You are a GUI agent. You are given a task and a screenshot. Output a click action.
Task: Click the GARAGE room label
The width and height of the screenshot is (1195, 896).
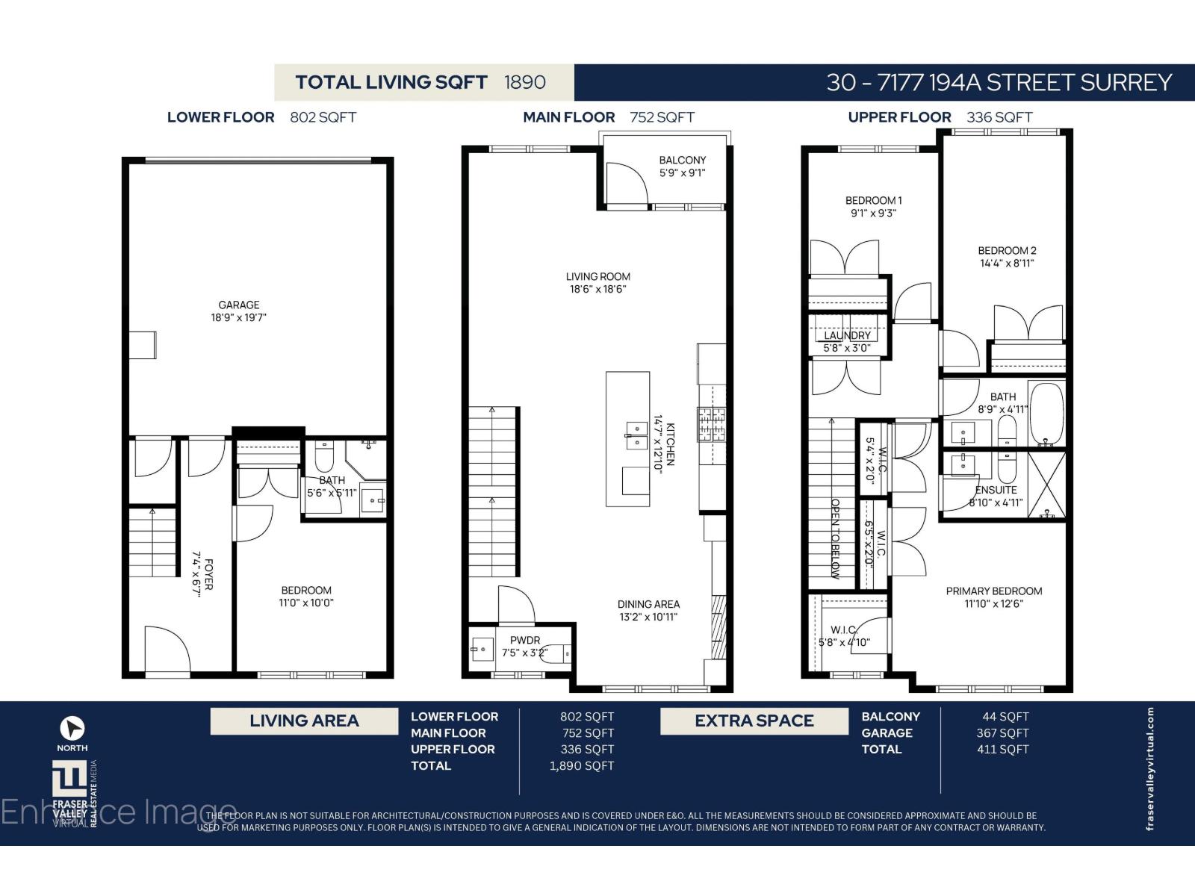[x=239, y=305]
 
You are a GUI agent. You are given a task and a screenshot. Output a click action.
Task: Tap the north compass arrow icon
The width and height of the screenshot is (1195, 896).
[x=72, y=728]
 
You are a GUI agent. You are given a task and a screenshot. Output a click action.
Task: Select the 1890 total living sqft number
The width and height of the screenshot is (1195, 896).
[x=524, y=82]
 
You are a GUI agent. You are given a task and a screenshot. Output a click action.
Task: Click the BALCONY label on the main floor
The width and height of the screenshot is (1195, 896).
[x=682, y=161]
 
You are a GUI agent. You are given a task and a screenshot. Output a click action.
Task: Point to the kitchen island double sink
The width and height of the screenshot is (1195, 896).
[x=636, y=435]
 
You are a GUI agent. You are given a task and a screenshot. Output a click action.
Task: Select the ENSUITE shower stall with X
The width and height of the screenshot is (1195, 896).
[x=1046, y=485]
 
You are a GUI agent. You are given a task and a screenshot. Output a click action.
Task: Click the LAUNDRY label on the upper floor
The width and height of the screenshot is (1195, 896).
[x=847, y=336]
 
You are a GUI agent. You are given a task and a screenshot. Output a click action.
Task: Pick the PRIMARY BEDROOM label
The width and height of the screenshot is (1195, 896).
[x=993, y=591]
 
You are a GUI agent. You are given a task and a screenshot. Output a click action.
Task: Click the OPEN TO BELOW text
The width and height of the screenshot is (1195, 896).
[x=836, y=538]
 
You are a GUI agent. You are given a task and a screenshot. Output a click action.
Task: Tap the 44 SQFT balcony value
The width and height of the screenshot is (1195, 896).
[x=1005, y=717]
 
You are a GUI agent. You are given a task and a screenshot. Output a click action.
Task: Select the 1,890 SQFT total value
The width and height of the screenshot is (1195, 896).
[x=581, y=766]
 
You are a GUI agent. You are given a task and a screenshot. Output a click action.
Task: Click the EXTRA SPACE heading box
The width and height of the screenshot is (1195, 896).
[x=754, y=721]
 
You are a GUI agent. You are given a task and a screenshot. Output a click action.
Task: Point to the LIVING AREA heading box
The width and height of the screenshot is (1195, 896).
[x=304, y=721]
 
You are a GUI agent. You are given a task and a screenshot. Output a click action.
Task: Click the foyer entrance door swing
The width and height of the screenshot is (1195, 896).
[x=161, y=648]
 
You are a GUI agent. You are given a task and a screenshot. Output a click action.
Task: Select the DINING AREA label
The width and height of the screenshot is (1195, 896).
[x=648, y=605]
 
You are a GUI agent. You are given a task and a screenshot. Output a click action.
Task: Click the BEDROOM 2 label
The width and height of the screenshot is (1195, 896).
[x=1007, y=251]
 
